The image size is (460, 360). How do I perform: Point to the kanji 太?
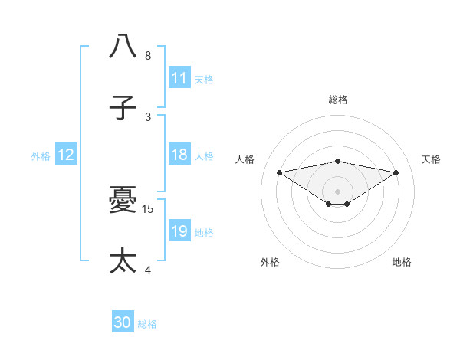point(123,261)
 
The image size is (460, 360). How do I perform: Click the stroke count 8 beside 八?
point(148,56)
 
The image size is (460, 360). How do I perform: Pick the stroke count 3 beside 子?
point(148,117)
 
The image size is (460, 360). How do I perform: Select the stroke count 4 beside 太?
point(148,270)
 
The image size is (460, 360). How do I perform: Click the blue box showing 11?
point(179,78)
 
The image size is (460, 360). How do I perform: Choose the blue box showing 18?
point(179,155)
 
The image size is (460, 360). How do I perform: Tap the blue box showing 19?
point(179,231)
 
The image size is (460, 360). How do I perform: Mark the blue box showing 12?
point(66,155)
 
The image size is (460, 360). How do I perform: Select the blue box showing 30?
point(123,323)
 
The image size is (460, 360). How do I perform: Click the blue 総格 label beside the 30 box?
point(148,324)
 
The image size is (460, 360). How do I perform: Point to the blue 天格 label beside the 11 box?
point(204,79)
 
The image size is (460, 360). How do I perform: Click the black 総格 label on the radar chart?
point(338,100)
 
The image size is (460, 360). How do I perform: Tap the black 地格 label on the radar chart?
point(402,262)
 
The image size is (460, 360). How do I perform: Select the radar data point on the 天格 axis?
point(396,172)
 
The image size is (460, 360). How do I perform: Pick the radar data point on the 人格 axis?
point(279,172)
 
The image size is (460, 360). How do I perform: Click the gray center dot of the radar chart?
point(338,191)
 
